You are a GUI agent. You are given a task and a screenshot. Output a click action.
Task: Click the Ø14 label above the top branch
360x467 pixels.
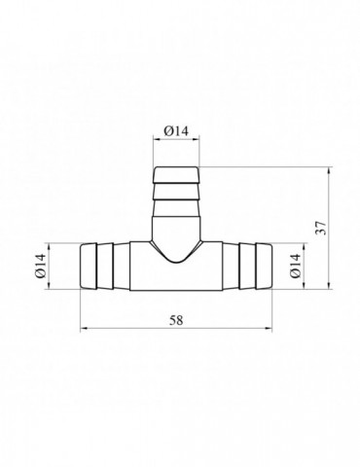pyautogui.click(x=176, y=131)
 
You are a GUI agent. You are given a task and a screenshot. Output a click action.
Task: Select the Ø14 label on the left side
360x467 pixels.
pyautogui.click(x=41, y=266)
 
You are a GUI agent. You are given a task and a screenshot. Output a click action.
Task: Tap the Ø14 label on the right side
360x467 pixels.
pyautogui.click(x=295, y=266)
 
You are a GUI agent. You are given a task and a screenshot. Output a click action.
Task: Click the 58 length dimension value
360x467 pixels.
pyautogui.click(x=176, y=320)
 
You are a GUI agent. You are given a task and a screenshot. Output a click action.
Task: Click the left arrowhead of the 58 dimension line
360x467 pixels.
pyautogui.click(x=85, y=329)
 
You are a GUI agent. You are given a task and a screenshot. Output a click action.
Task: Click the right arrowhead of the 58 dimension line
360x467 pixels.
pyautogui.click(x=268, y=329)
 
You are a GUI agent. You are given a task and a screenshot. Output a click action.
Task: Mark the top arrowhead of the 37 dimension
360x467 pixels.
pyautogui.click(x=330, y=171)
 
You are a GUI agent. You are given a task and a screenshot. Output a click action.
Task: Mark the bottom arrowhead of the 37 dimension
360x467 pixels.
pyautogui.click(x=330, y=284)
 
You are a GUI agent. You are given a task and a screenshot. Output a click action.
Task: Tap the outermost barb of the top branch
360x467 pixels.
pyautogui.click(x=176, y=175)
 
